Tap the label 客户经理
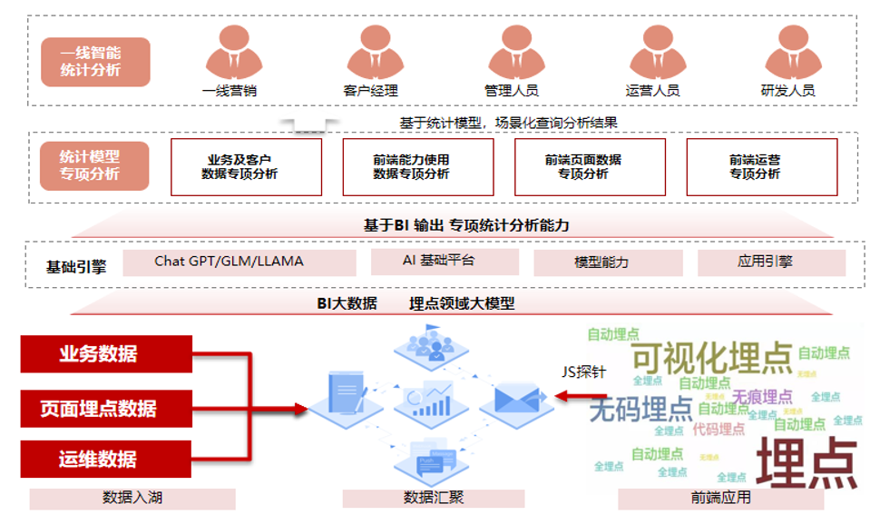[x=370, y=91]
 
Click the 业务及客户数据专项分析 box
[x=246, y=167]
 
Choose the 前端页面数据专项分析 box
[x=590, y=167]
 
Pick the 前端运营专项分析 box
[x=761, y=167]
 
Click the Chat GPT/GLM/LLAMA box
[x=229, y=262]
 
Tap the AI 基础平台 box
[x=445, y=262]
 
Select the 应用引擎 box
[x=771, y=262]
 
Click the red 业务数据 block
[x=106, y=354]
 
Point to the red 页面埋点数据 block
[x=106, y=408]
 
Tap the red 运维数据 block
[x=106, y=459]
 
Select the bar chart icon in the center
[x=432, y=400]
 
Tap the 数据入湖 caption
[x=132, y=498]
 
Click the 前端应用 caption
[x=720, y=498]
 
